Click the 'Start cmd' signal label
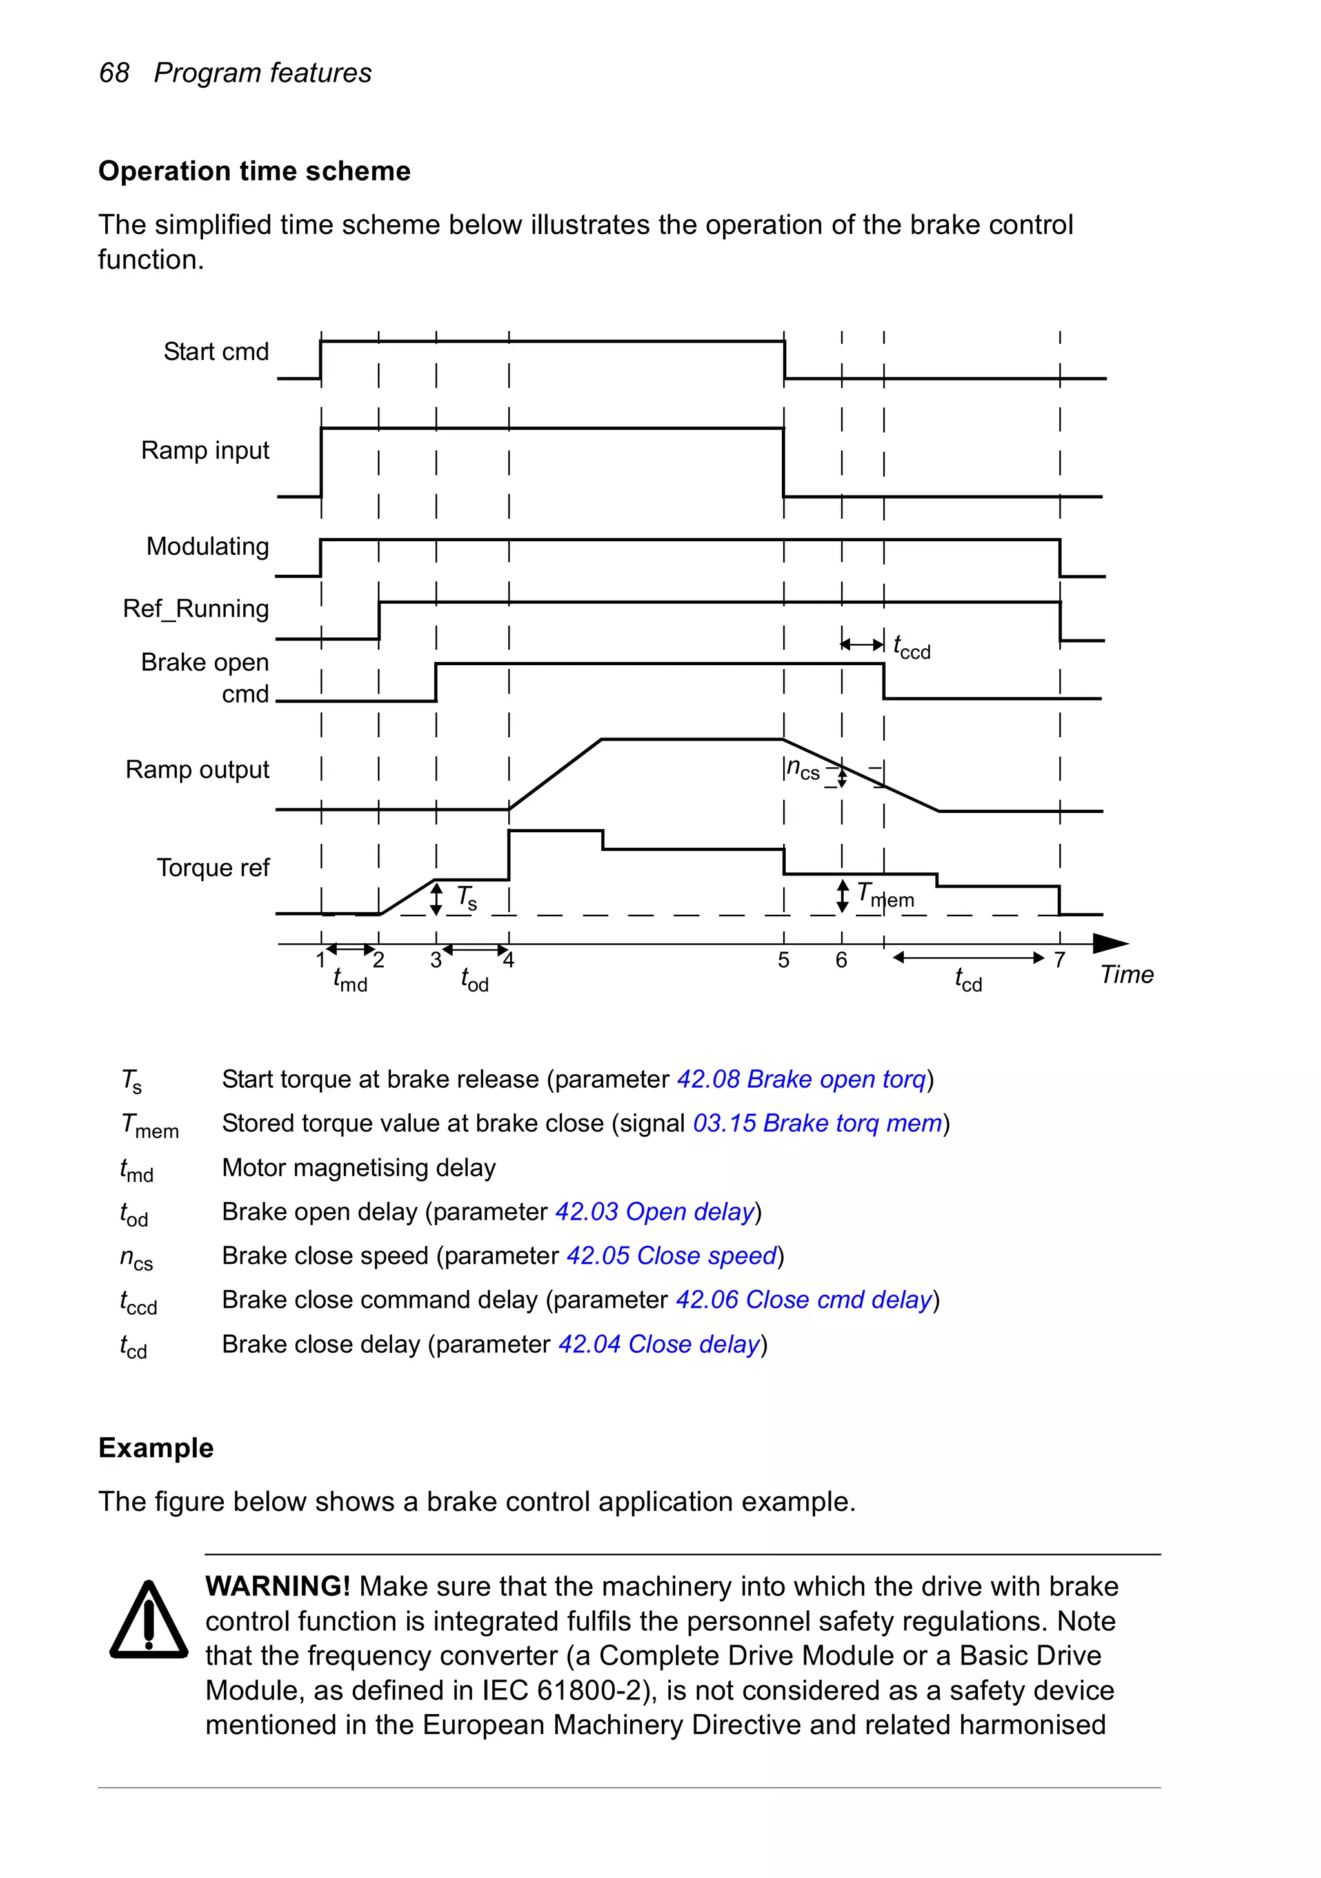coord(216,352)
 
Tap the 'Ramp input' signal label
coord(205,450)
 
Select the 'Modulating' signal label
coord(208,546)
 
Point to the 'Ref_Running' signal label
coord(196,608)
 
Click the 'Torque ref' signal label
coord(213,867)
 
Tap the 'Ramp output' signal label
coord(197,770)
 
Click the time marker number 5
coord(784,960)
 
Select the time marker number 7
coord(1059,959)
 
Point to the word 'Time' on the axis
coord(1126,974)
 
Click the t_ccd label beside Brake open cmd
coord(911,647)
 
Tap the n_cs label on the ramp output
coord(802,769)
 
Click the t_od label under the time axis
coord(475,979)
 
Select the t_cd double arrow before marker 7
coord(968,957)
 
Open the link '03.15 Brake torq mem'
coord(817,1123)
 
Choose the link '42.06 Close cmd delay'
coord(804,1300)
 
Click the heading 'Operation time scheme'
coord(254,171)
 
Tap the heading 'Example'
coord(155,1448)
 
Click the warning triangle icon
coord(149,1621)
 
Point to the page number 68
coord(114,73)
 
